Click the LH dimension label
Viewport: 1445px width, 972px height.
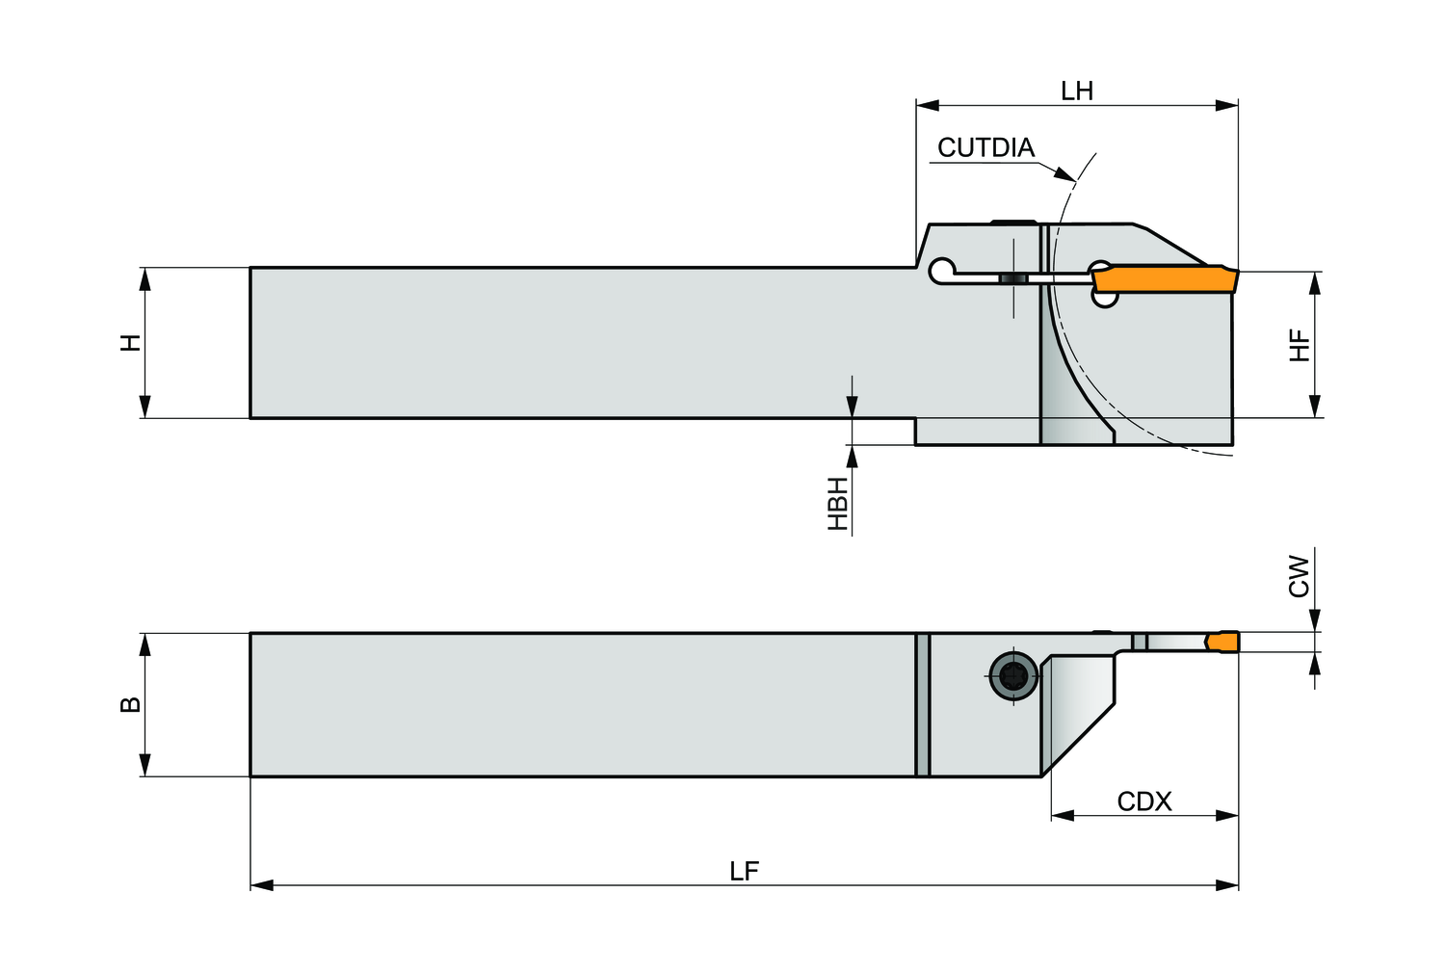click(x=1077, y=92)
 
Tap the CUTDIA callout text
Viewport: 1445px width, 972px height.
click(x=985, y=147)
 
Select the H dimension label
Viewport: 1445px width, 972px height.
click(x=130, y=342)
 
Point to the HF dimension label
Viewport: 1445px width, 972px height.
click(x=1300, y=345)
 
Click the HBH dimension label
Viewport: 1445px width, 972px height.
click(x=839, y=503)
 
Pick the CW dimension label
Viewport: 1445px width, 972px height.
click(x=1300, y=575)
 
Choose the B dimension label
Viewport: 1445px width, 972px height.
click(x=130, y=704)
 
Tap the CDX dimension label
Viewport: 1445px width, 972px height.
click(x=1144, y=801)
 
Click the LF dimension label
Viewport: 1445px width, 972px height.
click(x=744, y=872)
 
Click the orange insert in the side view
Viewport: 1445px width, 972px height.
click(x=1164, y=278)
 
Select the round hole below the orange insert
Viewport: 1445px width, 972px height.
click(x=1106, y=299)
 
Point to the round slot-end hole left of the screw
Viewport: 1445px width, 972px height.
click(x=941, y=272)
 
